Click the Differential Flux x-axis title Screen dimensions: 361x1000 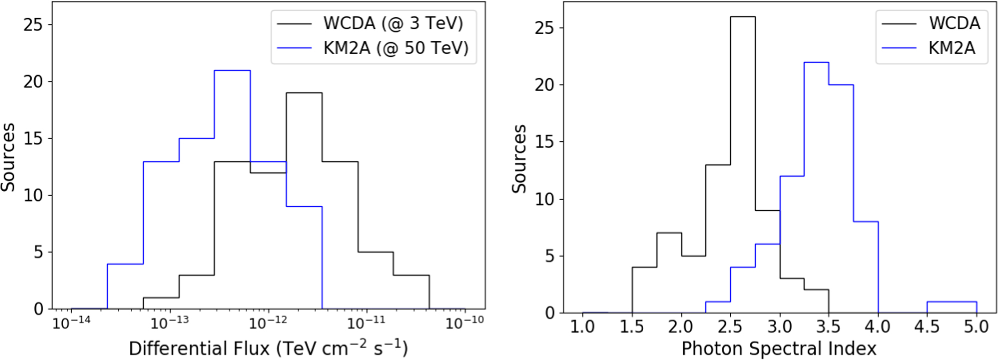pyautogui.click(x=268, y=348)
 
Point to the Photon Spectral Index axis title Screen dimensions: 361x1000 pyautogui.click(x=779, y=348)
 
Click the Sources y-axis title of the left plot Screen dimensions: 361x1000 pyautogui.click(x=8, y=157)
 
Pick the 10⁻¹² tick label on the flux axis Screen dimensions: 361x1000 pyautogui.click(x=268, y=323)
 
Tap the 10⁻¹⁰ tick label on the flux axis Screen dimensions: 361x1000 pyautogui.click(x=465, y=323)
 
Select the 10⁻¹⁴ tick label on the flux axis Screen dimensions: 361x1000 pyautogui.click(x=72, y=323)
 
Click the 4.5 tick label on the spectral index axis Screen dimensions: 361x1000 pyautogui.click(x=927, y=327)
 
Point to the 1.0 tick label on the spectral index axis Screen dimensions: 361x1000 pyautogui.click(x=582, y=327)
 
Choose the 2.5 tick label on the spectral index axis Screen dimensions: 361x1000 pyautogui.click(x=730, y=327)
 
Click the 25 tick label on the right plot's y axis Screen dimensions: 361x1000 pyautogui.click(x=545, y=28)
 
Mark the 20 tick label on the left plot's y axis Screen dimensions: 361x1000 pyautogui.click(x=33, y=81)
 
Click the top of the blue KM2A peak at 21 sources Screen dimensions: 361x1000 pyautogui.click(x=232, y=70)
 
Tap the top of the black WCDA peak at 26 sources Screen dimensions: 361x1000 pyautogui.click(x=743, y=17)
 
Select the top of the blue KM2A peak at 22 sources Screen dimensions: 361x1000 pyautogui.click(x=816, y=62)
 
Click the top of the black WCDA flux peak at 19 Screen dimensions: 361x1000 pyautogui.click(x=304, y=93)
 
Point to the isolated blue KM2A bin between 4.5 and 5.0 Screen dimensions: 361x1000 pyautogui.click(x=952, y=302)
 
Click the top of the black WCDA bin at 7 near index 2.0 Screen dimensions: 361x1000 pyautogui.click(x=669, y=233)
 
